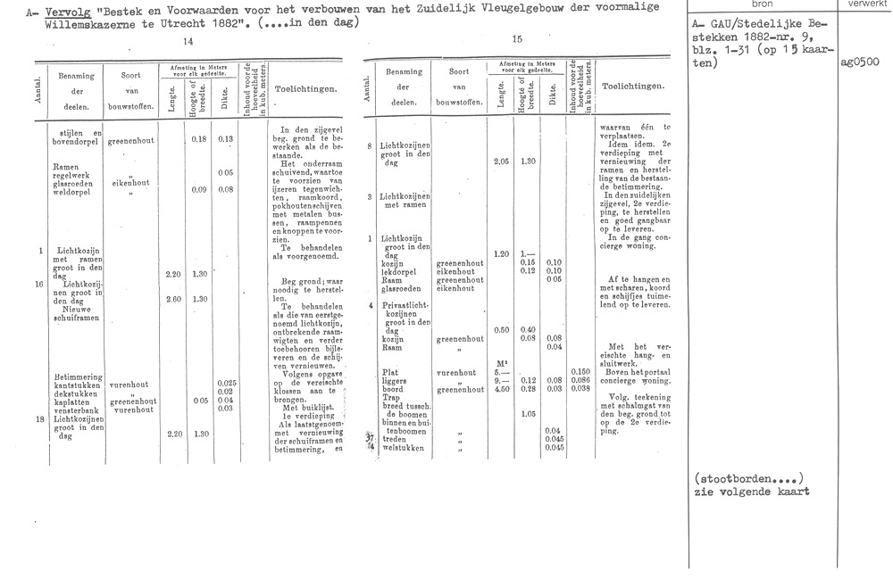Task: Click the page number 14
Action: (x=188, y=42)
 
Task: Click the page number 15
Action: (x=519, y=39)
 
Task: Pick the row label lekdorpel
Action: (x=398, y=271)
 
